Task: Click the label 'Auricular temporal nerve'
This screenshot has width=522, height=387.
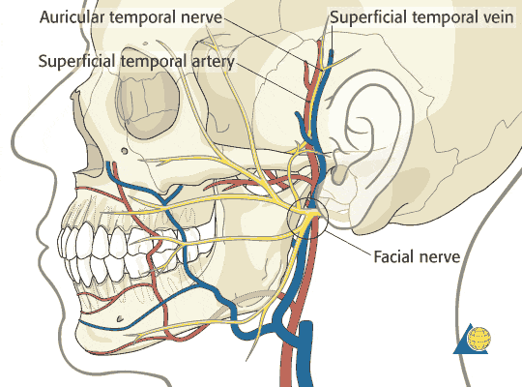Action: tap(130, 17)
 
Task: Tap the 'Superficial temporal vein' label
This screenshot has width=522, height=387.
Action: tap(421, 16)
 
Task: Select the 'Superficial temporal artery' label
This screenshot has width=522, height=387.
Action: tap(136, 61)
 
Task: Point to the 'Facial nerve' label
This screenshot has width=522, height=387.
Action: tap(417, 256)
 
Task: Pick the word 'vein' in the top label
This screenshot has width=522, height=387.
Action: tap(497, 17)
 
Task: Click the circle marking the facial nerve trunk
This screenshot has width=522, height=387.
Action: tap(307, 218)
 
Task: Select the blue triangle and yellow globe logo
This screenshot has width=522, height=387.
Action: tap(472, 339)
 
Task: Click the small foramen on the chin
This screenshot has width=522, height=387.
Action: tap(120, 319)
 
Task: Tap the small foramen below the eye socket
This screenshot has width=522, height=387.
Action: tap(125, 151)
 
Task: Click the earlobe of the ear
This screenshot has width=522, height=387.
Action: tap(339, 174)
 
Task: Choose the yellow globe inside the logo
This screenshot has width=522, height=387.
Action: tap(478, 339)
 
